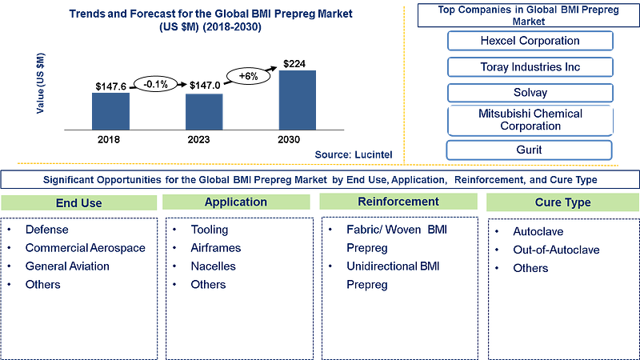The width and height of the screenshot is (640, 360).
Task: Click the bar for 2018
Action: point(110,111)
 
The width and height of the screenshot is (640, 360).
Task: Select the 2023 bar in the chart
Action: point(204,112)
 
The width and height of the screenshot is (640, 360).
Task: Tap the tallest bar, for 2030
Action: point(297,101)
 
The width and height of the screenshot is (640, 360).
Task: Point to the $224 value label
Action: point(294,64)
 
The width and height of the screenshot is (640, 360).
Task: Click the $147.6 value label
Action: point(111,86)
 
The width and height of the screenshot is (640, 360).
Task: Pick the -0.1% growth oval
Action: point(156,84)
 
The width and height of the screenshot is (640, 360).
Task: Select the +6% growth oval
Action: point(248,76)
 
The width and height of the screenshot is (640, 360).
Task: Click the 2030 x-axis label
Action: point(289,139)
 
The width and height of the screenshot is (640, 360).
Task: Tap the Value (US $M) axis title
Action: point(41,83)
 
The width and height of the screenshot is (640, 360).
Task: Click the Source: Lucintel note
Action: point(354,154)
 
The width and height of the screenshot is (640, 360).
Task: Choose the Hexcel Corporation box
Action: point(530,41)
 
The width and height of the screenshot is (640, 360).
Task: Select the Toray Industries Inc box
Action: point(530,67)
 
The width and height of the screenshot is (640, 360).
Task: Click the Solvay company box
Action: point(530,93)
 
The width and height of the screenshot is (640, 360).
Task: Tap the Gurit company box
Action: point(529,150)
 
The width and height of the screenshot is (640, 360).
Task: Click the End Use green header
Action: point(78,203)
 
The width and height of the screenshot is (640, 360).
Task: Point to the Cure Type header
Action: point(563,202)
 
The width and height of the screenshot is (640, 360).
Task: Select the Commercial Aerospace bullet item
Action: point(86,248)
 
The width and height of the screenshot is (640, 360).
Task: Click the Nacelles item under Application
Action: point(213,266)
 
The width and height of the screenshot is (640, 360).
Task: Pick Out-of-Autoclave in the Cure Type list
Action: point(556,250)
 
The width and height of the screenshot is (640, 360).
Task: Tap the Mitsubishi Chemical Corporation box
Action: point(530,120)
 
